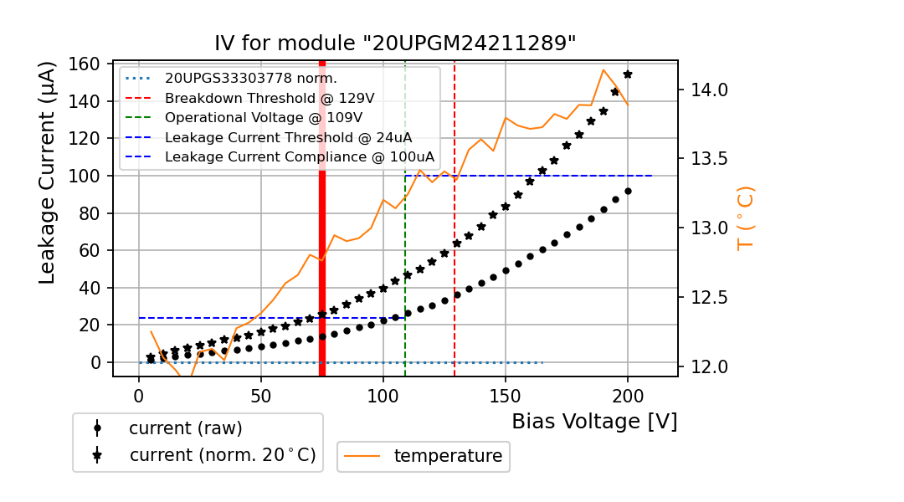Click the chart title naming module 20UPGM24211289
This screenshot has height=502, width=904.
click(x=395, y=44)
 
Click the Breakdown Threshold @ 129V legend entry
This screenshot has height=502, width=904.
click(x=269, y=98)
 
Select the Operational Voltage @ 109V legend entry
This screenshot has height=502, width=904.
click(x=263, y=117)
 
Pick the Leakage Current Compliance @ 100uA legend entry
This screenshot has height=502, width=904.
click(x=299, y=156)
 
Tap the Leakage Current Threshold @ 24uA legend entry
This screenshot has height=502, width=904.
click(x=288, y=137)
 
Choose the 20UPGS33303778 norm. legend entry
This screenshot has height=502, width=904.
click(x=250, y=79)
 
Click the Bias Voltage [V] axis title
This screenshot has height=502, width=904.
click(x=594, y=421)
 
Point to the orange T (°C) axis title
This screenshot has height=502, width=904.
click(x=745, y=218)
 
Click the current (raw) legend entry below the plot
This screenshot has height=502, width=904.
click(x=185, y=428)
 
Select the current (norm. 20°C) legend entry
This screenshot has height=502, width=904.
click(x=222, y=455)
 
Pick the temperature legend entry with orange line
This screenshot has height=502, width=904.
click(x=447, y=456)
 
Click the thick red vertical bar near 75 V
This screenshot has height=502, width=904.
click(x=322, y=218)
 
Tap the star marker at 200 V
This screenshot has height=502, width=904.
click(x=628, y=74)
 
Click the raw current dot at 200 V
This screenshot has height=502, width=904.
click(x=628, y=191)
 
